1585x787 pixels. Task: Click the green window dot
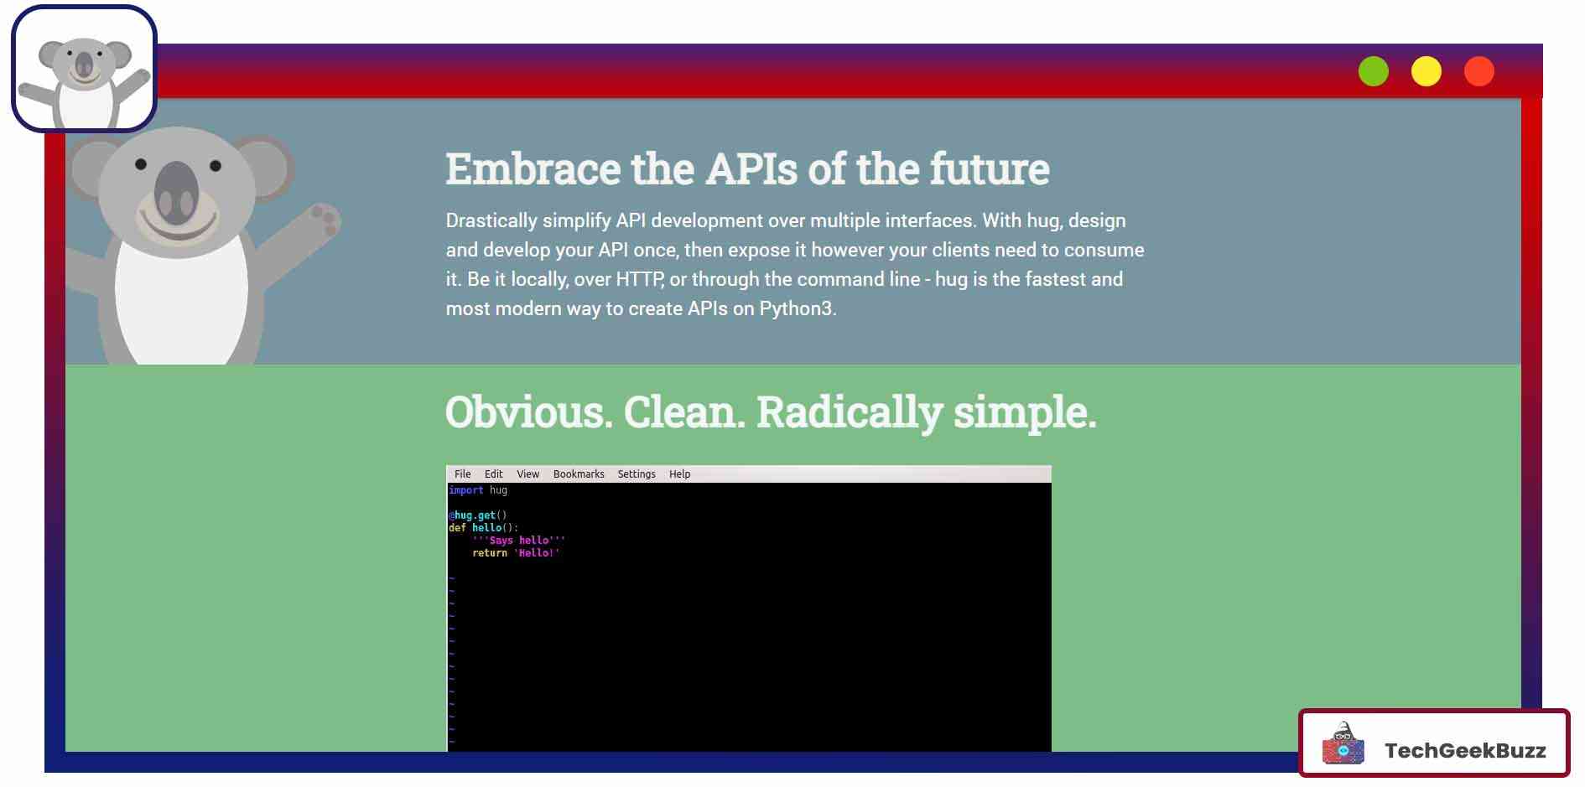[1373, 71]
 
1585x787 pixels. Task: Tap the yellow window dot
[1426, 71]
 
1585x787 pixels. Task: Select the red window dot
[1478, 71]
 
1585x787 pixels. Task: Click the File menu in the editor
[462, 474]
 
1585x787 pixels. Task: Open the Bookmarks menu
[579, 474]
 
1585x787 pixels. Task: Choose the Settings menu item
[637, 474]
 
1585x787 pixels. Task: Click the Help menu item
[679, 474]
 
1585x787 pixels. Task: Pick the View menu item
[527, 474]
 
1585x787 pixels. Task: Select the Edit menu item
[493, 474]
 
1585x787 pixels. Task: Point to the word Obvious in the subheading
[528, 412]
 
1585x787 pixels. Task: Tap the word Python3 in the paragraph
[798, 308]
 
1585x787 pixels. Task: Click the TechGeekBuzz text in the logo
[1465, 750]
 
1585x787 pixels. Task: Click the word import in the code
[465, 490]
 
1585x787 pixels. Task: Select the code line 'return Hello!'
[515, 553]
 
